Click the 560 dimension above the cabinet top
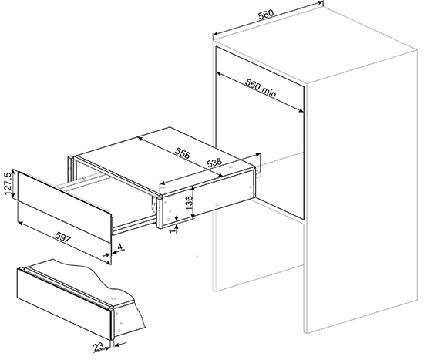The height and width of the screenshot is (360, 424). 266,15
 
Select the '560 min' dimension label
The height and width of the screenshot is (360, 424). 261,88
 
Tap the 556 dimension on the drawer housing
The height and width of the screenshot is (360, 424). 183,153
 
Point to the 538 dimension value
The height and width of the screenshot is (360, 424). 214,163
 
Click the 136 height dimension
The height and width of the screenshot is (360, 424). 190,202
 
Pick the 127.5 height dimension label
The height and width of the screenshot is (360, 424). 8,183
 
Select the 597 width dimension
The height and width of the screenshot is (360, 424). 62,237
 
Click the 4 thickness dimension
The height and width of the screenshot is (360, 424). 120,247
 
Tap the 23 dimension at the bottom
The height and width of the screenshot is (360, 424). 99,347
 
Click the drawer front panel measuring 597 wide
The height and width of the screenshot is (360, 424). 64,207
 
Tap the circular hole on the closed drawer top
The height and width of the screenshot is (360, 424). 113,299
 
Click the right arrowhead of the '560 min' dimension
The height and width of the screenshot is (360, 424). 301,110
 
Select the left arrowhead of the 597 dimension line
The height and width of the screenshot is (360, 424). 20,223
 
